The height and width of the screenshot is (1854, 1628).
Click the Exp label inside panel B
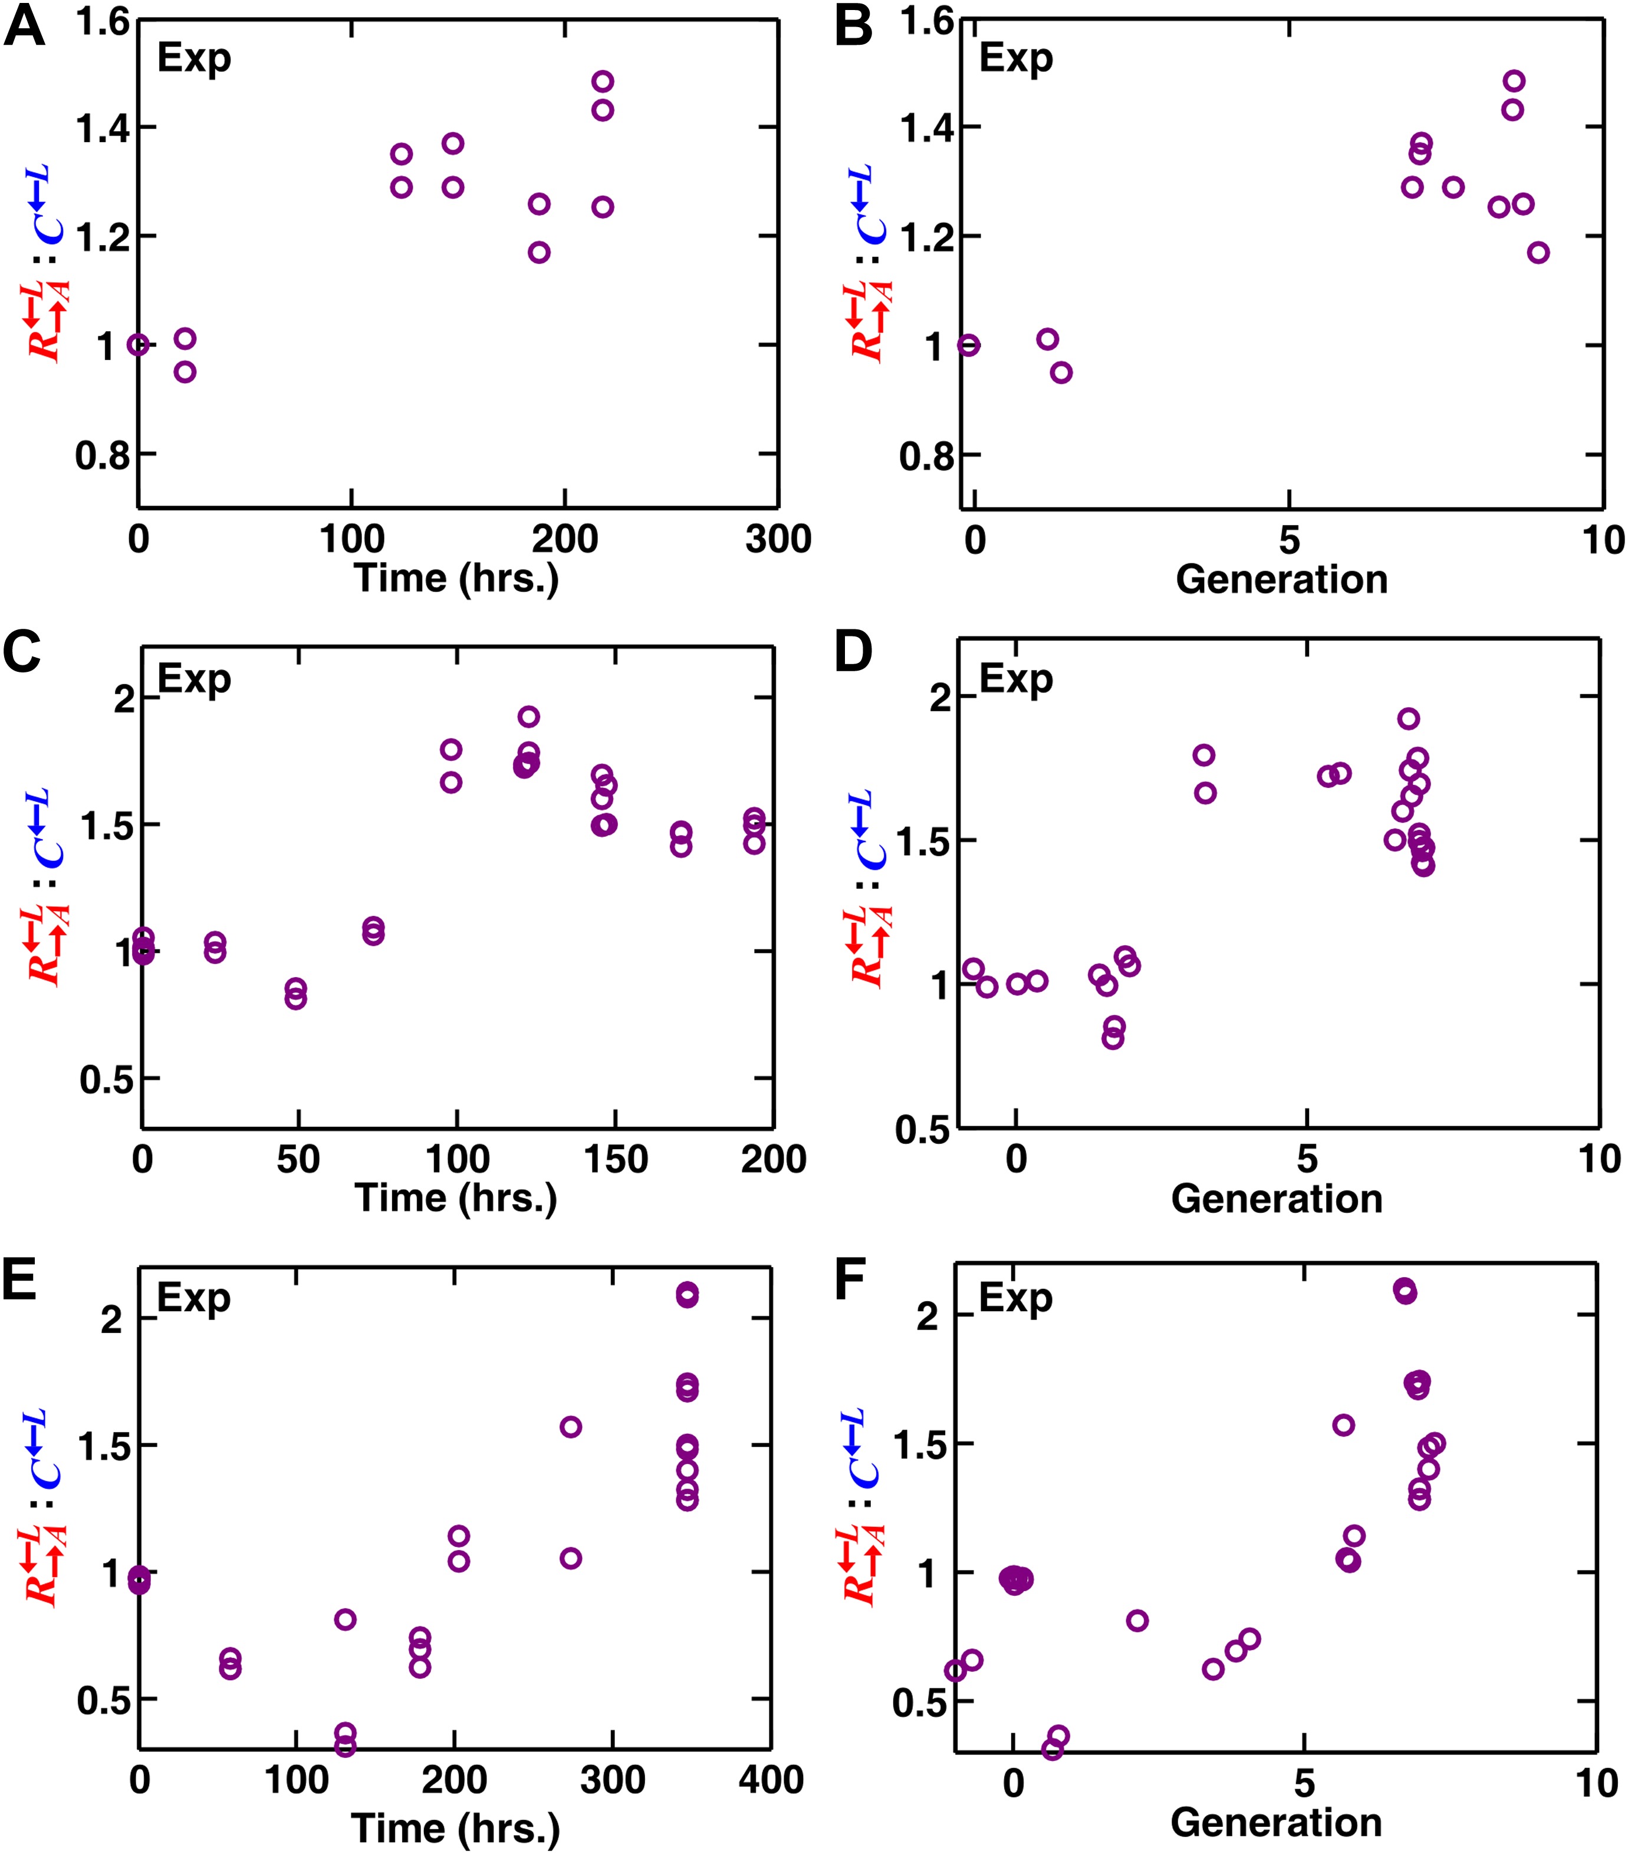1015,58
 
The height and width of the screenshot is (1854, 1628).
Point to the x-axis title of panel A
456,578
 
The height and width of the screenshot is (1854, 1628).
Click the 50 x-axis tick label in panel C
298,1159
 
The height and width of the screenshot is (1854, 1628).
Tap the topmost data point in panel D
1407,718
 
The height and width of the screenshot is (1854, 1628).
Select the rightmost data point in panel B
1537,252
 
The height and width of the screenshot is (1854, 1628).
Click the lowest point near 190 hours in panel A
539,252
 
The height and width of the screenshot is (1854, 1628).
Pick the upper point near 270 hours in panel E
570,1427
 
